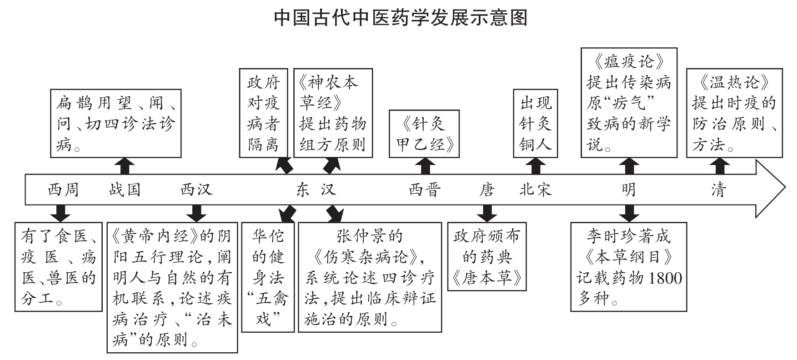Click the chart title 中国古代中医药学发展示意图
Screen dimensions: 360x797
click(x=401, y=18)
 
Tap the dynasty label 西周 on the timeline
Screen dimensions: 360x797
click(x=63, y=190)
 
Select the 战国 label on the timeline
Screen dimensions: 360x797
click(x=125, y=190)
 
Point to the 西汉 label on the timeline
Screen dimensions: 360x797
click(x=196, y=190)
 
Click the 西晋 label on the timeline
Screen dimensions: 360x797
click(x=425, y=190)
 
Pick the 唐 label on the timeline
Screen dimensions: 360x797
click(x=487, y=190)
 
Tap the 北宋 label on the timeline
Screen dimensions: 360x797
click(x=536, y=190)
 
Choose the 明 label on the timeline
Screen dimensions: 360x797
click(x=629, y=190)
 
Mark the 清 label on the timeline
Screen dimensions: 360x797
click(x=719, y=190)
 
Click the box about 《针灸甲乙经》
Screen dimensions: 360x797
click(x=424, y=134)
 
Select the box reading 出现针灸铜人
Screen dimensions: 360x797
click(x=536, y=124)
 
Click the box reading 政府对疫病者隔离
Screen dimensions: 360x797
click(x=264, y=113)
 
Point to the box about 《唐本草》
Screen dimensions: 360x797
click(x=487, y=256)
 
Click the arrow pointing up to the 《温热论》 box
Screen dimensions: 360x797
click(x=719, y=166)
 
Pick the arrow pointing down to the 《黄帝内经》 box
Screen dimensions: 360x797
click(x=196, y=213)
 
